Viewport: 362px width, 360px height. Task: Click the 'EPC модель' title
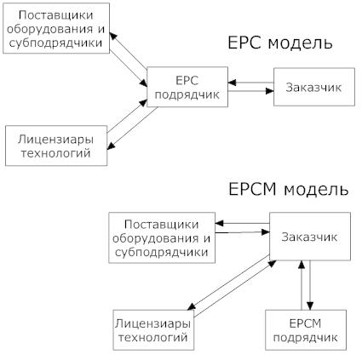pyautogui.click(x=280, y=43)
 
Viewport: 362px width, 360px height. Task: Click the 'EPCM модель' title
pyautogui.click(x=288, y=189)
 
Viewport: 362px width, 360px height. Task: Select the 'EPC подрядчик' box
pyautogui.click(x=187, y=87)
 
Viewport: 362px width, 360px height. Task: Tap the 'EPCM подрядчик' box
pyautogui.click(x=306, y=330)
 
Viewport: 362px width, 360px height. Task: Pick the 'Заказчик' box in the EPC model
pyautogui.click(x=314, y=87)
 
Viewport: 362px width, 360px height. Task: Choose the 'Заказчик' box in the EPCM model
pyautogui.click(x=310, y=237)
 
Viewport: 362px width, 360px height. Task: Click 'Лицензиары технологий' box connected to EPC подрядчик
pyautogui.click(x=56, y=146)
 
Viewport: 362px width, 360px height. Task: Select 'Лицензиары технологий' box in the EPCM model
pyautogui.click(x=153, y=330)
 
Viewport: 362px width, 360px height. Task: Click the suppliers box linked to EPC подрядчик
pyautogui.click(x=56, y=28)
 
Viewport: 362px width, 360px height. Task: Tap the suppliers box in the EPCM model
pyautogui.click(x=162, y=237)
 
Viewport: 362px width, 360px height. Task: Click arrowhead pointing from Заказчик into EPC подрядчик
pyautogui.click(x=232, y=83)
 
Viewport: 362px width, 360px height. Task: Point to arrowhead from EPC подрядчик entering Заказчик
pyautogui.click(x=270, y=91)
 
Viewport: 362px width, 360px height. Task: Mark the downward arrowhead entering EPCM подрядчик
pyautogui.click(x=310, y=306)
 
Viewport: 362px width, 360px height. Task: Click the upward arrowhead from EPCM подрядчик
pyautogui.click(x=302, y=265)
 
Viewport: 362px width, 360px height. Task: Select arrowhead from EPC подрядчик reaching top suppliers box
pyautogui.click(x=113, y=36)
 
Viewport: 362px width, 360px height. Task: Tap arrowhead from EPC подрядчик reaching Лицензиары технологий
pyautogui.click(x=111, y=146)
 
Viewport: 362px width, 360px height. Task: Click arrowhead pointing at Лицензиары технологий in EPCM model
pyautogui.click(x=192, y=306)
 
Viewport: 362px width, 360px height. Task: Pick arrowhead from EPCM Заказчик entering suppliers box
pyautogui.click(x=219, y=223)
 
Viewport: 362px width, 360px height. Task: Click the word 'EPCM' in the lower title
pyautogui.click(x=252, y=189)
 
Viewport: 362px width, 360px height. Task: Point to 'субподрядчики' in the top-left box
pyautogui.click(x=56, y=43)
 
